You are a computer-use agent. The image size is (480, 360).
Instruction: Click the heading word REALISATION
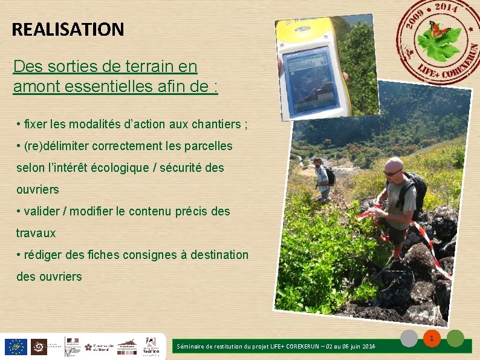pos(68,29)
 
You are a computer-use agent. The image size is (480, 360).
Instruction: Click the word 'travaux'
pos(36,233)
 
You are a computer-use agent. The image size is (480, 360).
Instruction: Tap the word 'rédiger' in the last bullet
pos(44,255)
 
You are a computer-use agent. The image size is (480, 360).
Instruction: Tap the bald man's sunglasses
pos(392,173)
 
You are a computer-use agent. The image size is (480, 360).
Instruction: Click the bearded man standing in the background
pos(323,178)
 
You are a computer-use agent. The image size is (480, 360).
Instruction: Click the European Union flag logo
pos(15,346)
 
